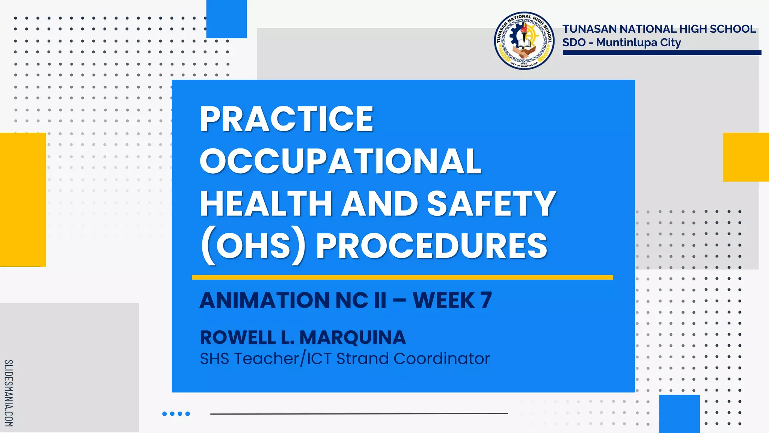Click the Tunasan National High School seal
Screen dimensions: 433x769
coord(524,40)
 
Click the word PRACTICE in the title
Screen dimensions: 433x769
coord(286,119)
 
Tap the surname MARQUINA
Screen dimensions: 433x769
coord(353,337)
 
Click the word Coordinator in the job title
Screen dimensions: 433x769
coord(442,359)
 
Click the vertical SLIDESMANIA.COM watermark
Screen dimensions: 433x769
coord(9,393)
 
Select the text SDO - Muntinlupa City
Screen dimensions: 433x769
coord(621,42)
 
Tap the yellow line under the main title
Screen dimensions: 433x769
coord(402,277)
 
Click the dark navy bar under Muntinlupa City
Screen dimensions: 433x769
coord(662,53)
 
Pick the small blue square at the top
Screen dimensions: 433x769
coord(226,19)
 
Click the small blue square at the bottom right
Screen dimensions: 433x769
coord(679,413)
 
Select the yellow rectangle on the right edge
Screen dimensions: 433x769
coord(746,157)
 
